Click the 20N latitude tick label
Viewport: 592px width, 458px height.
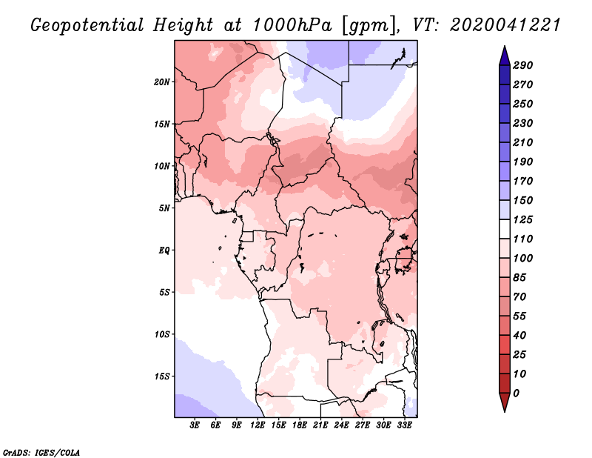click(x=161, y=82)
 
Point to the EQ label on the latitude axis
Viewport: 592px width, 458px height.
click(x=164, y=250)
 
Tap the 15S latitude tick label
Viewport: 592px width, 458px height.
click(x=161, y=376)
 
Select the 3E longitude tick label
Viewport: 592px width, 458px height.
click(x=195, y=425)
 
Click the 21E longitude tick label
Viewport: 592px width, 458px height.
click(x=320, y=425)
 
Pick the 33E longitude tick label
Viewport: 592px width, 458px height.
click(x=404, y=425)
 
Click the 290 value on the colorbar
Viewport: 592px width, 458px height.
click(x=523, y=65)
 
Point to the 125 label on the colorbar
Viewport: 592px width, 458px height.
click(x=523, y=219)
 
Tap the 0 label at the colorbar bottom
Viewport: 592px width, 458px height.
click(x=516, y=394)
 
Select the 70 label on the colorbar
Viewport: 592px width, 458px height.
click(x=519, y=297)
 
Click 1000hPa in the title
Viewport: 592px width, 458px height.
click(x=292, y=25)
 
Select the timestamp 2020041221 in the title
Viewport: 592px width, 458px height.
click(x=505, y=25)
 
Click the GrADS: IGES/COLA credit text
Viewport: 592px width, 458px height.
click(x=41, y=452)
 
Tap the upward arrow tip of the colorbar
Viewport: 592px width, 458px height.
click(x=505, y=46)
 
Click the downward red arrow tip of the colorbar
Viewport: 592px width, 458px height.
click(x=505, y=411)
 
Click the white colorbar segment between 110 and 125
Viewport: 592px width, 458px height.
click(x=505, y=229)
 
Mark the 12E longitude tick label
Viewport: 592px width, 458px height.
click(x=257, y=425)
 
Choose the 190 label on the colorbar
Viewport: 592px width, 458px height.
click(x=523, y=162)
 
